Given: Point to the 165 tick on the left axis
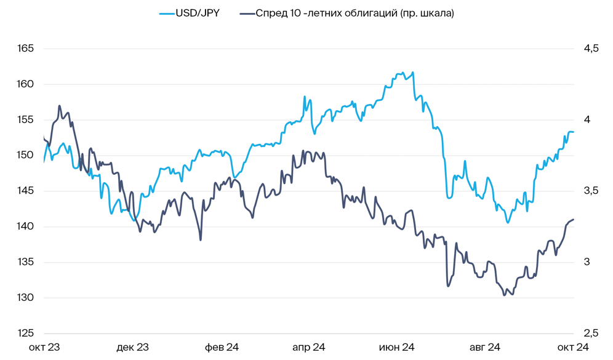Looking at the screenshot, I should (x=26, y=49).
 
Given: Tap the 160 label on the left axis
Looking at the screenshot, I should (x=26, y=84).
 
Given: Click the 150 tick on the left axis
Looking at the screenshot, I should (x=26, y=155).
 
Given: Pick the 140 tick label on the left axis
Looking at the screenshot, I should (x=26, y=226).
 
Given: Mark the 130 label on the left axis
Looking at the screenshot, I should (x=26, y=298).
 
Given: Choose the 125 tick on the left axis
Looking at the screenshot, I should (x=26, y=334).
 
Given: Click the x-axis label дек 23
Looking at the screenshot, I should (x=133, y=348).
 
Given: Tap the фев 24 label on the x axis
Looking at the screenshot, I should (x=222, y=348).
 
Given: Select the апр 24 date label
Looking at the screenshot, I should (x=308, y=348).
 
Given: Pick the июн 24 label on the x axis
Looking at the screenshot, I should (x=397, y=348).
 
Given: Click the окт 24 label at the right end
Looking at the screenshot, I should (x=573, y=348).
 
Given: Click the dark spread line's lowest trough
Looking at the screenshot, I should (x=504, y=295).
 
